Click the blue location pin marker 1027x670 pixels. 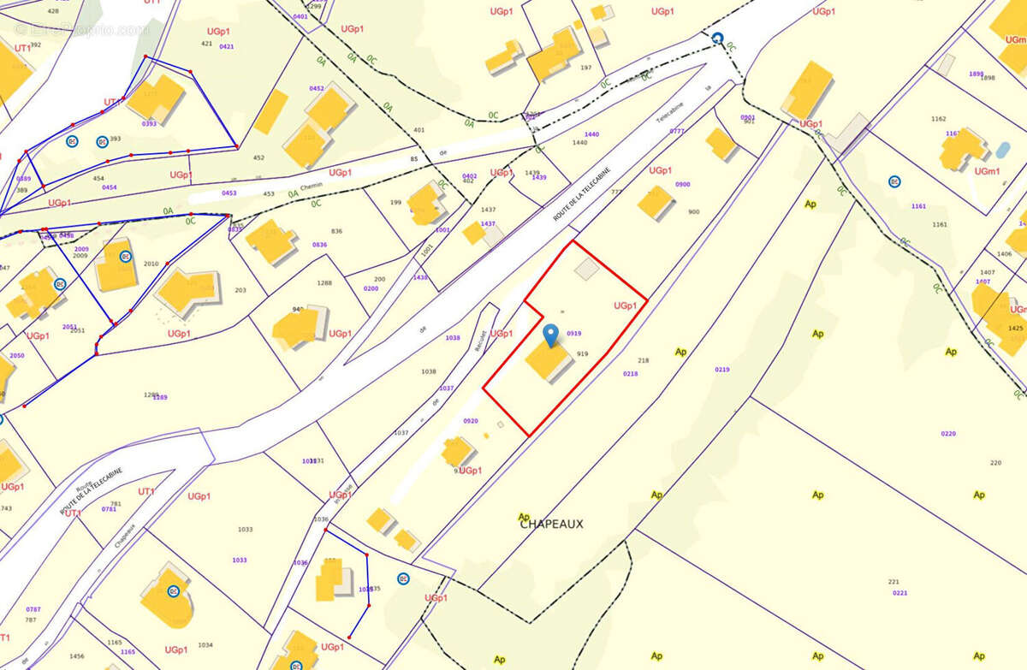551,335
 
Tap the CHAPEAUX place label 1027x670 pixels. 551,524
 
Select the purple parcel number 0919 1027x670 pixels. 574,334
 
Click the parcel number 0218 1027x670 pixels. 630,374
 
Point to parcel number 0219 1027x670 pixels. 722,370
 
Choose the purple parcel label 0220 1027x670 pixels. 948,434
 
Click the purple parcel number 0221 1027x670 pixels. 899,593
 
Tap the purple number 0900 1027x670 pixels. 682,185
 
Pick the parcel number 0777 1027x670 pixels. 677,132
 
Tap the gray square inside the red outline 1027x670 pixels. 586,270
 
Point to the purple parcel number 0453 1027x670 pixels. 229,193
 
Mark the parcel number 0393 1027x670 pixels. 149,124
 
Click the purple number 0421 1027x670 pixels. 227,47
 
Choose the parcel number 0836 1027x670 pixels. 319,246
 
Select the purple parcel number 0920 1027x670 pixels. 471,421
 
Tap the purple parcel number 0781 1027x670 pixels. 109,509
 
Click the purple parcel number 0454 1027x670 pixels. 110,187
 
